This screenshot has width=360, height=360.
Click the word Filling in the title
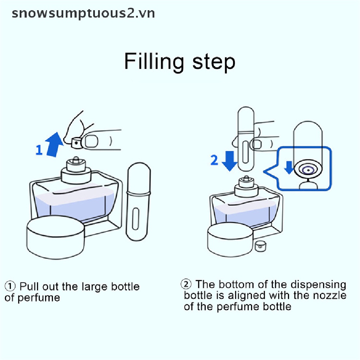click(154, 62)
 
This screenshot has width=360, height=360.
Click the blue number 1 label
click(39, 150)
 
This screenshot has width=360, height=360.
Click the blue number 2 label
click(214, 160)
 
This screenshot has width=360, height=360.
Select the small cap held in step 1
click(76, 143)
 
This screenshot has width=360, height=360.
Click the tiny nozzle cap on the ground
click(260, 246)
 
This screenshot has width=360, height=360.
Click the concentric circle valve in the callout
click(308, 170)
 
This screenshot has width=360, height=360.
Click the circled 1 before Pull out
click(10, 287)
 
